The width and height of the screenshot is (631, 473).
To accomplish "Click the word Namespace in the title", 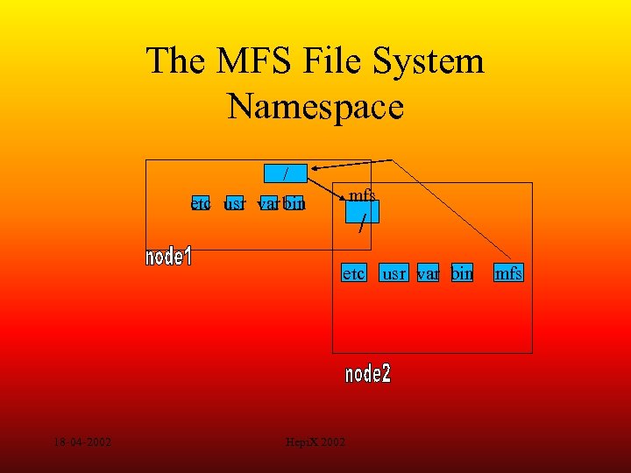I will tap(315, 107).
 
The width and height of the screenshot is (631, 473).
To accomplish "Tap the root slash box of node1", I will tap(286, 173).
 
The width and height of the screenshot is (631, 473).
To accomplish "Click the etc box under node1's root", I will tap(201, 204).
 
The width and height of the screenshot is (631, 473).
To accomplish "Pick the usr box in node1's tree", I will tap(234, 204).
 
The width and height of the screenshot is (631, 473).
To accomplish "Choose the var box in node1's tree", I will tap(268, 204).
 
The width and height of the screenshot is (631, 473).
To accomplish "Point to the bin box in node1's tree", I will tap(294, 204).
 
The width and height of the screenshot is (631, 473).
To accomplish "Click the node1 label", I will tap(168, 258).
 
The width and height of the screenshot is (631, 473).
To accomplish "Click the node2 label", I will tap(368, 374).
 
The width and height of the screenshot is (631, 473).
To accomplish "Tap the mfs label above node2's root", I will tap(362, 194).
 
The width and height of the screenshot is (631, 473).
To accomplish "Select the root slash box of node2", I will tap(362, 212).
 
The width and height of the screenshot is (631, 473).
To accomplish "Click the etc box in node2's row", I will tap(354, 273).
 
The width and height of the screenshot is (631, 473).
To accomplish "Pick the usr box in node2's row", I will tap(394, 273).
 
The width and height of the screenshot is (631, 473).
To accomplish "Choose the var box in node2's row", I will tap(429, 273).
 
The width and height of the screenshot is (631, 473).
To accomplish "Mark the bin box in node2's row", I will tap(462, 273).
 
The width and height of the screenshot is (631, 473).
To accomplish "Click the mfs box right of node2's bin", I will tap(508, 273).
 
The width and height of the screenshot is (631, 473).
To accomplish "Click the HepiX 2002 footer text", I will tap(315, 442).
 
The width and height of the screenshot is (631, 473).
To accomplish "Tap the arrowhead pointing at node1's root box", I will tap(313, 170).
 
